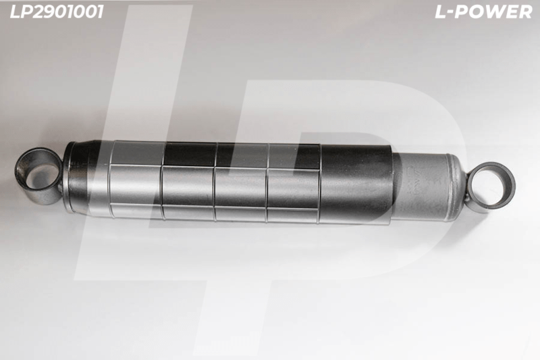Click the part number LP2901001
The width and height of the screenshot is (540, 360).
click(x=57, y=12)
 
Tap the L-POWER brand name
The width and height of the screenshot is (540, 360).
click(x=483, y=12)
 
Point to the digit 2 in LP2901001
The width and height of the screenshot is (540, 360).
click(x=41, y=12)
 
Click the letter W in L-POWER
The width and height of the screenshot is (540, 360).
click(x=495, y=12)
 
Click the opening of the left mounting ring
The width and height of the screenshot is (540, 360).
click(x=40, y=176)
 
